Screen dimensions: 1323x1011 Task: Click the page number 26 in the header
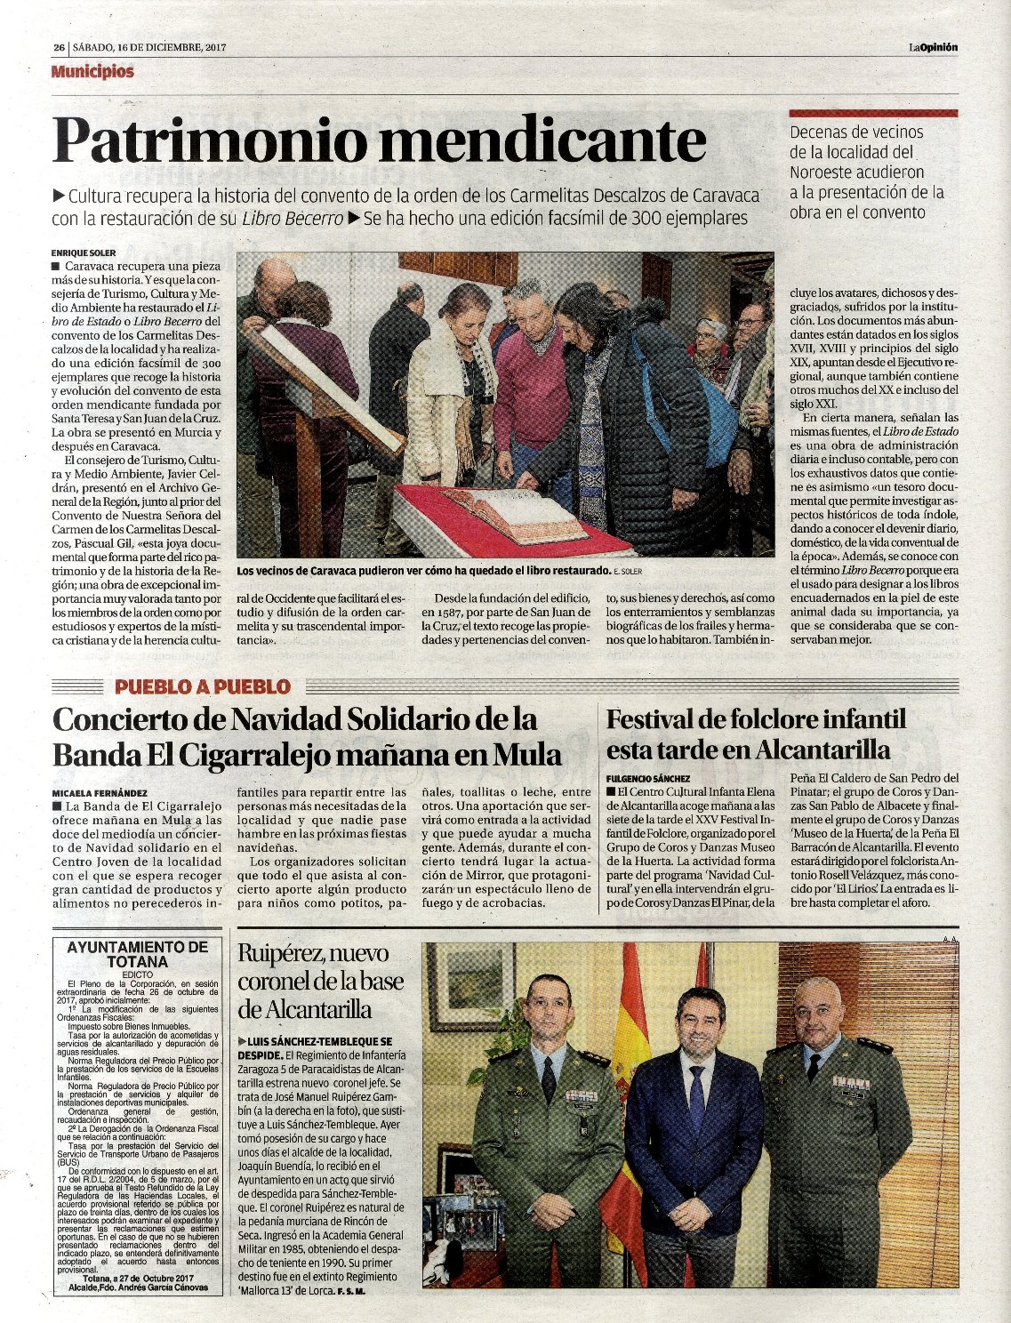(x=58, y=48)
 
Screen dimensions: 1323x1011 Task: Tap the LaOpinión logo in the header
(x=933, y=47)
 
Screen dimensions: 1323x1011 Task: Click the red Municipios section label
(x=92, y=72)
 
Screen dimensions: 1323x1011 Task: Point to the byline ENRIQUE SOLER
(x=84, y=253)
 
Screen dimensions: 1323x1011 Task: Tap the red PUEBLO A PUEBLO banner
(x=203, y=686)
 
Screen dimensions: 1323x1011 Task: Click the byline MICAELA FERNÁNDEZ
(x=100, y=792)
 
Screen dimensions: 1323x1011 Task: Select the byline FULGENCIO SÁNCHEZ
(x=648, y=778)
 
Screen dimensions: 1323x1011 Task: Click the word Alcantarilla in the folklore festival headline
(x=822, y=750)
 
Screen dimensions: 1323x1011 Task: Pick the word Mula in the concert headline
(x=528, y=755)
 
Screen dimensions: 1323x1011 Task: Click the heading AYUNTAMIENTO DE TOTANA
(x=137, y=954)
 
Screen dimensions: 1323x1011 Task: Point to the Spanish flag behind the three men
(x=627, y=1067)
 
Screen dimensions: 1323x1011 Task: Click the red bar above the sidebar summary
(x=873, y=114)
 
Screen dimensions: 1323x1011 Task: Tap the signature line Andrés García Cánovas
(x=158, y=1287)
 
